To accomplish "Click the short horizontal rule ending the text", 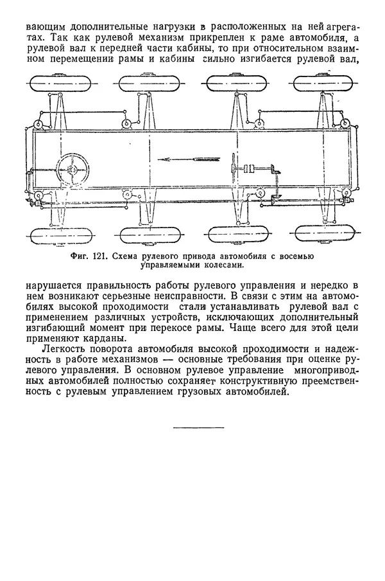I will pos(198,427).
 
